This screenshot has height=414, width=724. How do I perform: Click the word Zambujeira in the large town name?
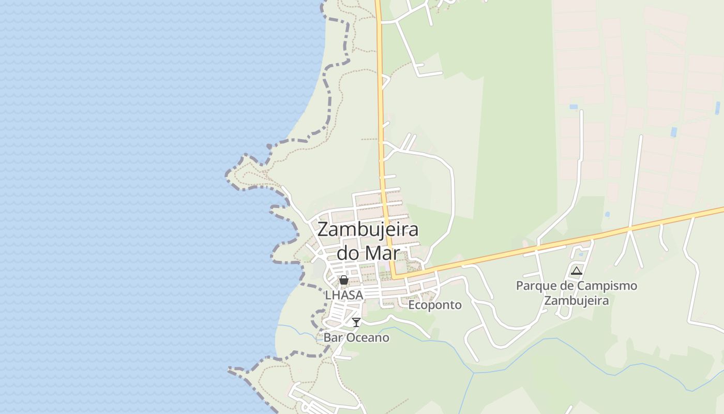pyautogui.click(x=368, y=230)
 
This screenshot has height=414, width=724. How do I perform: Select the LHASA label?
pyautogui.click(x=344, y=294)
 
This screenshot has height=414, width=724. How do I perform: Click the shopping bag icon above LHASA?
pyautogui.click(x=344, y=280)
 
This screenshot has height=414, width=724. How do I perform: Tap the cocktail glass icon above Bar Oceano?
pyautogui.click(x=356, y=322)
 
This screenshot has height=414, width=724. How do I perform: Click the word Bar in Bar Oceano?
pyautogui.click(x=333, y=338)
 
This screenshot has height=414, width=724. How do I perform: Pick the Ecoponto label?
pyautogui.click(x=435, y=305)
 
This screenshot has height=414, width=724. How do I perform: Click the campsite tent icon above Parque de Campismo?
pyautogui.click(x=577, y=271)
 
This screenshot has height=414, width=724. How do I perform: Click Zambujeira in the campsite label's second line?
pyautogui.click(x=577, y=300)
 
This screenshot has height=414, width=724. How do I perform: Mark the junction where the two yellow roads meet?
pyautogui.click(x=394, y=276)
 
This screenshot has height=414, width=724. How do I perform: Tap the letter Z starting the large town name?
pyautogui.click(x=323, y=230)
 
